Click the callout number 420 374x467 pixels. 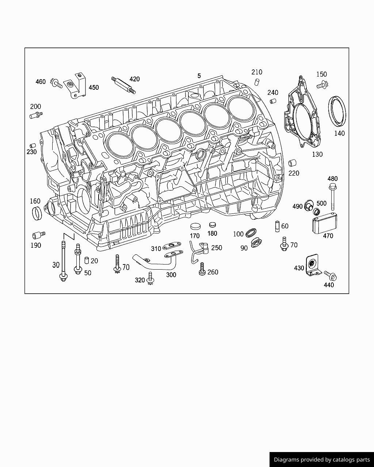[x=134, y=79]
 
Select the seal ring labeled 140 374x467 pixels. [x=338, y=111]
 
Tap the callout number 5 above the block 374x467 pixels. [x=199, y=76]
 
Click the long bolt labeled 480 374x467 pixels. [x=333, y=198]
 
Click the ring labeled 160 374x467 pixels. [x=37, y=213]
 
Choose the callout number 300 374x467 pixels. [x=171, y=275]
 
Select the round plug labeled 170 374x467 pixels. [x=196, y=226]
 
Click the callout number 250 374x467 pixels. [x=217, y=248]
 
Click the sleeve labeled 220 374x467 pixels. [x=292, y=163]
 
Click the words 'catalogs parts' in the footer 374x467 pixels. [x=351, y=460]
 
